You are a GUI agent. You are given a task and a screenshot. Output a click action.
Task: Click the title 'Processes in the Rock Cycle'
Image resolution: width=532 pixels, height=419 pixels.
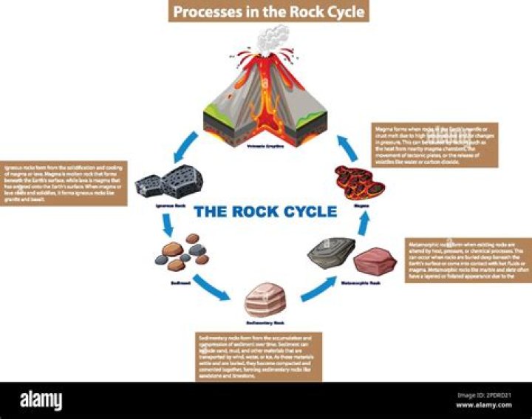(x=267, y=12)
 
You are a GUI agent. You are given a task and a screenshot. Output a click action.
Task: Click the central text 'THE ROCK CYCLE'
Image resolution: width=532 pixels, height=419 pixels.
(x=265, y=212)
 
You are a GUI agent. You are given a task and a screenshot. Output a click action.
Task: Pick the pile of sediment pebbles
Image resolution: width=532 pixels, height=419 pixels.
(x=182, y=253)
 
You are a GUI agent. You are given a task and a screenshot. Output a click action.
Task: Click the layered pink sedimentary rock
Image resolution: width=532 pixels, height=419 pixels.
(x=265, y=300)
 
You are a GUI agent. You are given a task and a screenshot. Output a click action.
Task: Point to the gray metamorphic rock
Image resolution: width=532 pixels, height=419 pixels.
(x=332, y=257)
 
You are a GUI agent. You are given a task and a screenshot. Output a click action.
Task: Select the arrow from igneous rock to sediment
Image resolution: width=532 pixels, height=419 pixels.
(x=169, y=224)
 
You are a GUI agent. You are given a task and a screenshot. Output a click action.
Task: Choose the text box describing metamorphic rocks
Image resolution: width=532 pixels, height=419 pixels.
(x=468, y=264)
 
